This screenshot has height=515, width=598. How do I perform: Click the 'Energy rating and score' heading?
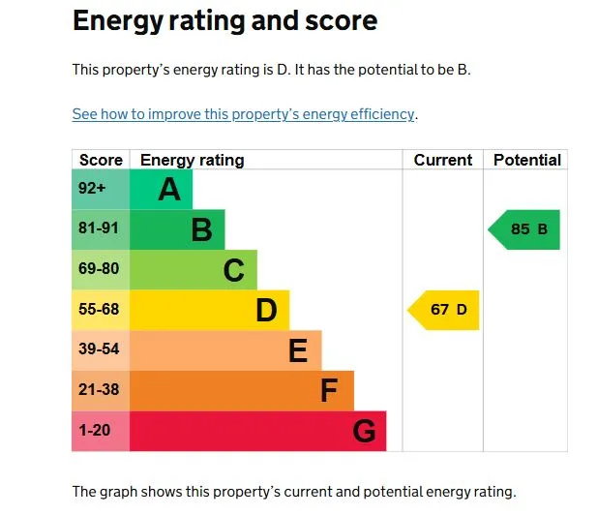coord(224,20)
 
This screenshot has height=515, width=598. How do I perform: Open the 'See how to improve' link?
coord(244,114)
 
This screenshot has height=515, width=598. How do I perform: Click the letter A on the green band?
coord(169,190)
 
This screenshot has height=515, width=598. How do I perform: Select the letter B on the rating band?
coord(201,230)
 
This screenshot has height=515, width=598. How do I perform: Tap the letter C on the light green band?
coord(233,270)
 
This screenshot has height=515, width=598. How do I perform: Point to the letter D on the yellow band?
coord(266,311)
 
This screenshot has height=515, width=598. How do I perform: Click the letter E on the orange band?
coord(298,350)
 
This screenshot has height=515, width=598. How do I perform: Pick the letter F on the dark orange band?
coord(329,391)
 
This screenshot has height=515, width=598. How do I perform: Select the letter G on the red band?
coord(364,431)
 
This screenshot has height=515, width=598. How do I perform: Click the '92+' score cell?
coord(93,189)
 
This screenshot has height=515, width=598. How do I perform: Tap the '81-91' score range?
coord(99,229)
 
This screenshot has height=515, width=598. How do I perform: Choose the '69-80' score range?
coord(99,269)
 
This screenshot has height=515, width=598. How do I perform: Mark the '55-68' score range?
coord(99,310)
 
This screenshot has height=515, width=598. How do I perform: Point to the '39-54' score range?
coord(99,349)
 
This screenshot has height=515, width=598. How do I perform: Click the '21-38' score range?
coord(99,390)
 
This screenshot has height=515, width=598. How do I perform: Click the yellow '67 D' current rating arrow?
coord(445,310)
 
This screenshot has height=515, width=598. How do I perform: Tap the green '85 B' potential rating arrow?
coord(525,229)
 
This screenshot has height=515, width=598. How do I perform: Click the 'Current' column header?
coord(443,160)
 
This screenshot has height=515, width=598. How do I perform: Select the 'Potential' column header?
coord(526,160)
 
